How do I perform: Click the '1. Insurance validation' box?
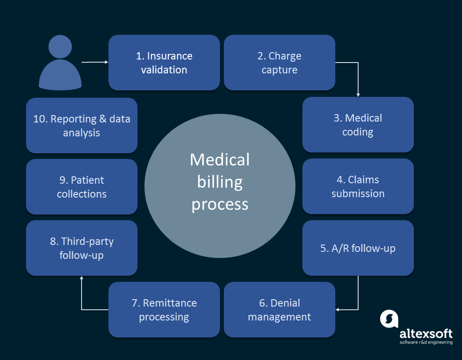164,63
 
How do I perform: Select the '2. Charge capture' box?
279,63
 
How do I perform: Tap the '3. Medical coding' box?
358,125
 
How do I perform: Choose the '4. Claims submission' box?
358,186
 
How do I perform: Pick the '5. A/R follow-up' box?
358,248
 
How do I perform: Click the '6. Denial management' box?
279,310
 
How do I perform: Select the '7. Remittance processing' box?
164,310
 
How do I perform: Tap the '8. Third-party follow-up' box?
82,248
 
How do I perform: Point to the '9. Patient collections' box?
82,187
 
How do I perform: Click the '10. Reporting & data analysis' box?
82,126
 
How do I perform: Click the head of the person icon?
60,47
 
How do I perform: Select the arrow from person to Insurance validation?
95,62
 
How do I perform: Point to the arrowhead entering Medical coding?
358,94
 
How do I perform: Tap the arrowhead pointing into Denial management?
338,310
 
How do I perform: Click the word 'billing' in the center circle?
220,182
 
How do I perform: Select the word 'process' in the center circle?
220,204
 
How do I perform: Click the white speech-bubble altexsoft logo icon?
389,319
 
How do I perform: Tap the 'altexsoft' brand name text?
426,334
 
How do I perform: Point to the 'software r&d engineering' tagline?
426,342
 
